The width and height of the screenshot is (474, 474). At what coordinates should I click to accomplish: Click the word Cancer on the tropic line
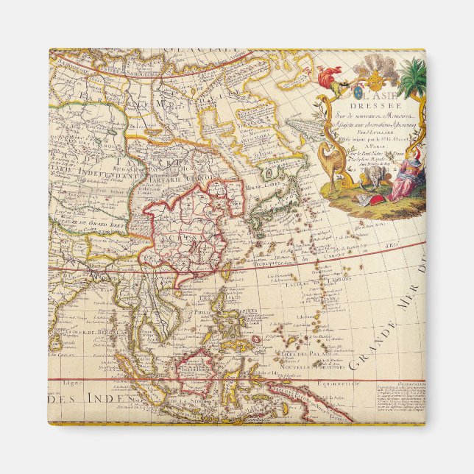click(x=306, y=260)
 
